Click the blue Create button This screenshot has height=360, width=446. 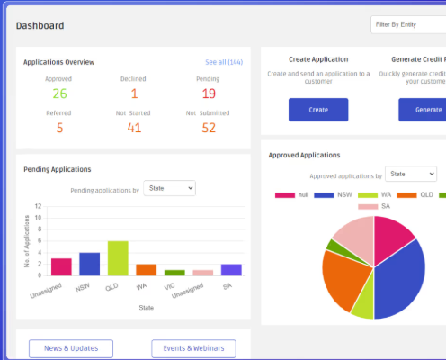[x=317, y=109]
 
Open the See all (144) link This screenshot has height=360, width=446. [x=224, y=62]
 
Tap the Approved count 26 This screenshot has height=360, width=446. [x=59, y=93]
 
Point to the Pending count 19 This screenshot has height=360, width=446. [x=209, y=93]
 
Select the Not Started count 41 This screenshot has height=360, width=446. [x=134, y=128]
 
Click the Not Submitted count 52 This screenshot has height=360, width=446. [x=209, y=128]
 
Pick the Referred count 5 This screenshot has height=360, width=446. [x=59, y=128]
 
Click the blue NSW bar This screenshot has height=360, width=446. [x=89, y=264]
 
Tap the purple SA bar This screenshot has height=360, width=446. [x=231, y=269]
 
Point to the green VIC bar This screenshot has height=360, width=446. [x=174, y=272]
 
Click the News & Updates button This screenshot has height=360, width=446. [x=70, y=348]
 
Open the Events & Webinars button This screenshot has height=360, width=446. [x=193, y=348]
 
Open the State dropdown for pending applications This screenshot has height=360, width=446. [x=168, y=188]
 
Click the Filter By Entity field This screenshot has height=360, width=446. [x=407, y=25]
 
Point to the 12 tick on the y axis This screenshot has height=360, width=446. [x=38, y=205]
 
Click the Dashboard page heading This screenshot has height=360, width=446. [x=40, y=25]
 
